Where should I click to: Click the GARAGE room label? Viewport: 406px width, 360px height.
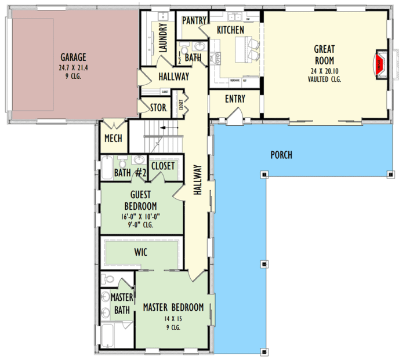click(x=73, y=57)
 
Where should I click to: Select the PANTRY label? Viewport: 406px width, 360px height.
click(x=194, y=20)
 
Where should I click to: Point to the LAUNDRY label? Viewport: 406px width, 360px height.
click(x=163, y=38)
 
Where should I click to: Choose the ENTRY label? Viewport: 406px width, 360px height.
click(x=234, y=99)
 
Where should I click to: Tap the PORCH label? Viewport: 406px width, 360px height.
click(x=281, y=155)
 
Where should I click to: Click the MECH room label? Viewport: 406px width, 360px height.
click(x=113, y=139)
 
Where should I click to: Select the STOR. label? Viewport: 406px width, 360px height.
click(x=158, y=107)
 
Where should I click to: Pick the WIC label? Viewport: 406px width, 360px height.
click(x=140, y=252)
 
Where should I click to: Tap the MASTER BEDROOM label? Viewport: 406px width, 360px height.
click(x=173, y=307)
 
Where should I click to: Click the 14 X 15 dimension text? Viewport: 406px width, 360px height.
click(x=173, y=318)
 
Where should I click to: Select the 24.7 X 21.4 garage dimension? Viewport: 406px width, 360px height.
click(x=73, y=67)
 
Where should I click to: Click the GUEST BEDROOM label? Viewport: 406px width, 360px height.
click(x=140, y=201)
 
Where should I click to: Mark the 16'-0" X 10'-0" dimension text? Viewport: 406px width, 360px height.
click(x=140, y=217)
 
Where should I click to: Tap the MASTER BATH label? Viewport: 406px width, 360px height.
click(x=122, y=304)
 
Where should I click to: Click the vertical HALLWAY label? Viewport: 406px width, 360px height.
click(x=197, y=180)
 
